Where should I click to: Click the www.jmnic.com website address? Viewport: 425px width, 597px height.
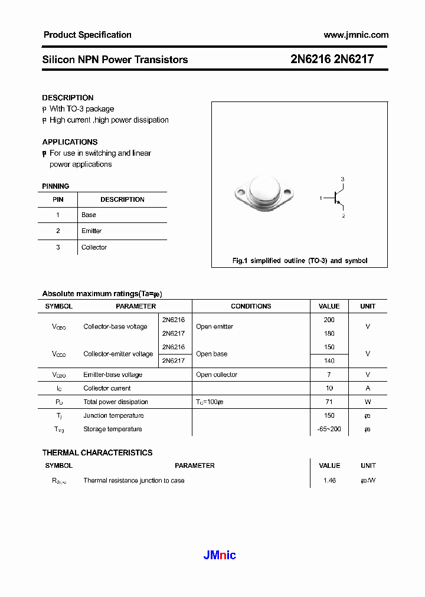[x=356, y=35]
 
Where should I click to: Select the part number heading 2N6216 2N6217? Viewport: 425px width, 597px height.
[x=332, y=60]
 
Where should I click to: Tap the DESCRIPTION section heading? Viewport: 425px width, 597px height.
[x=68, y=98]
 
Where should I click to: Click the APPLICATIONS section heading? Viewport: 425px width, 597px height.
[x=70, y=142]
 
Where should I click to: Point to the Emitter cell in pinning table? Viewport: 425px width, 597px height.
[x=91, y=231]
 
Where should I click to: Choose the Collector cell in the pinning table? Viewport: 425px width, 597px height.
[x=94, y=247]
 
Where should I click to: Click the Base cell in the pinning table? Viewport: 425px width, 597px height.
[x=89, y=215]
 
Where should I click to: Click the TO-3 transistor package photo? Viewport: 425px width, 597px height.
[x=263, y=192]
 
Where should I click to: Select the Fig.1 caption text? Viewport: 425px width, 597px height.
[x=300, y=261]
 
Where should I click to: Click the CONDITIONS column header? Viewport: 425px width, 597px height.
[x=251, y=306]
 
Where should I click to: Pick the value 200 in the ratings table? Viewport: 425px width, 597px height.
[x=329, y=320]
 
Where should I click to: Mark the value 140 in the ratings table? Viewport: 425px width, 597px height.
[x=329, y=360]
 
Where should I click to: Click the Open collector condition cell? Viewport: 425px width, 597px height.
[x=217, y=375]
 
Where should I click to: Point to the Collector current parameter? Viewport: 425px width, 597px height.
[x=107, y=388]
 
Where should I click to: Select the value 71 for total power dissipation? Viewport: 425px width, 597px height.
[x=329, y=402]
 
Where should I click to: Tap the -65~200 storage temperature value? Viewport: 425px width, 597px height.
[x=329, y=429]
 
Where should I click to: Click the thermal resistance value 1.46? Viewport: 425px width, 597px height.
[x=329, y=481]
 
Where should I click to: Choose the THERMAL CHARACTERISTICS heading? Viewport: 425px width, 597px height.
[x=97, y=452]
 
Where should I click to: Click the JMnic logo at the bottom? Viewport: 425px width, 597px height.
[x=220, y=555]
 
